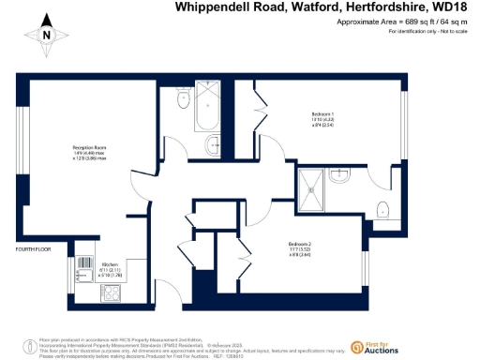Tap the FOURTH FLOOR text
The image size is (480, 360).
tap(31, 249)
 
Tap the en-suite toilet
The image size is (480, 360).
tap(382, 208)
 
